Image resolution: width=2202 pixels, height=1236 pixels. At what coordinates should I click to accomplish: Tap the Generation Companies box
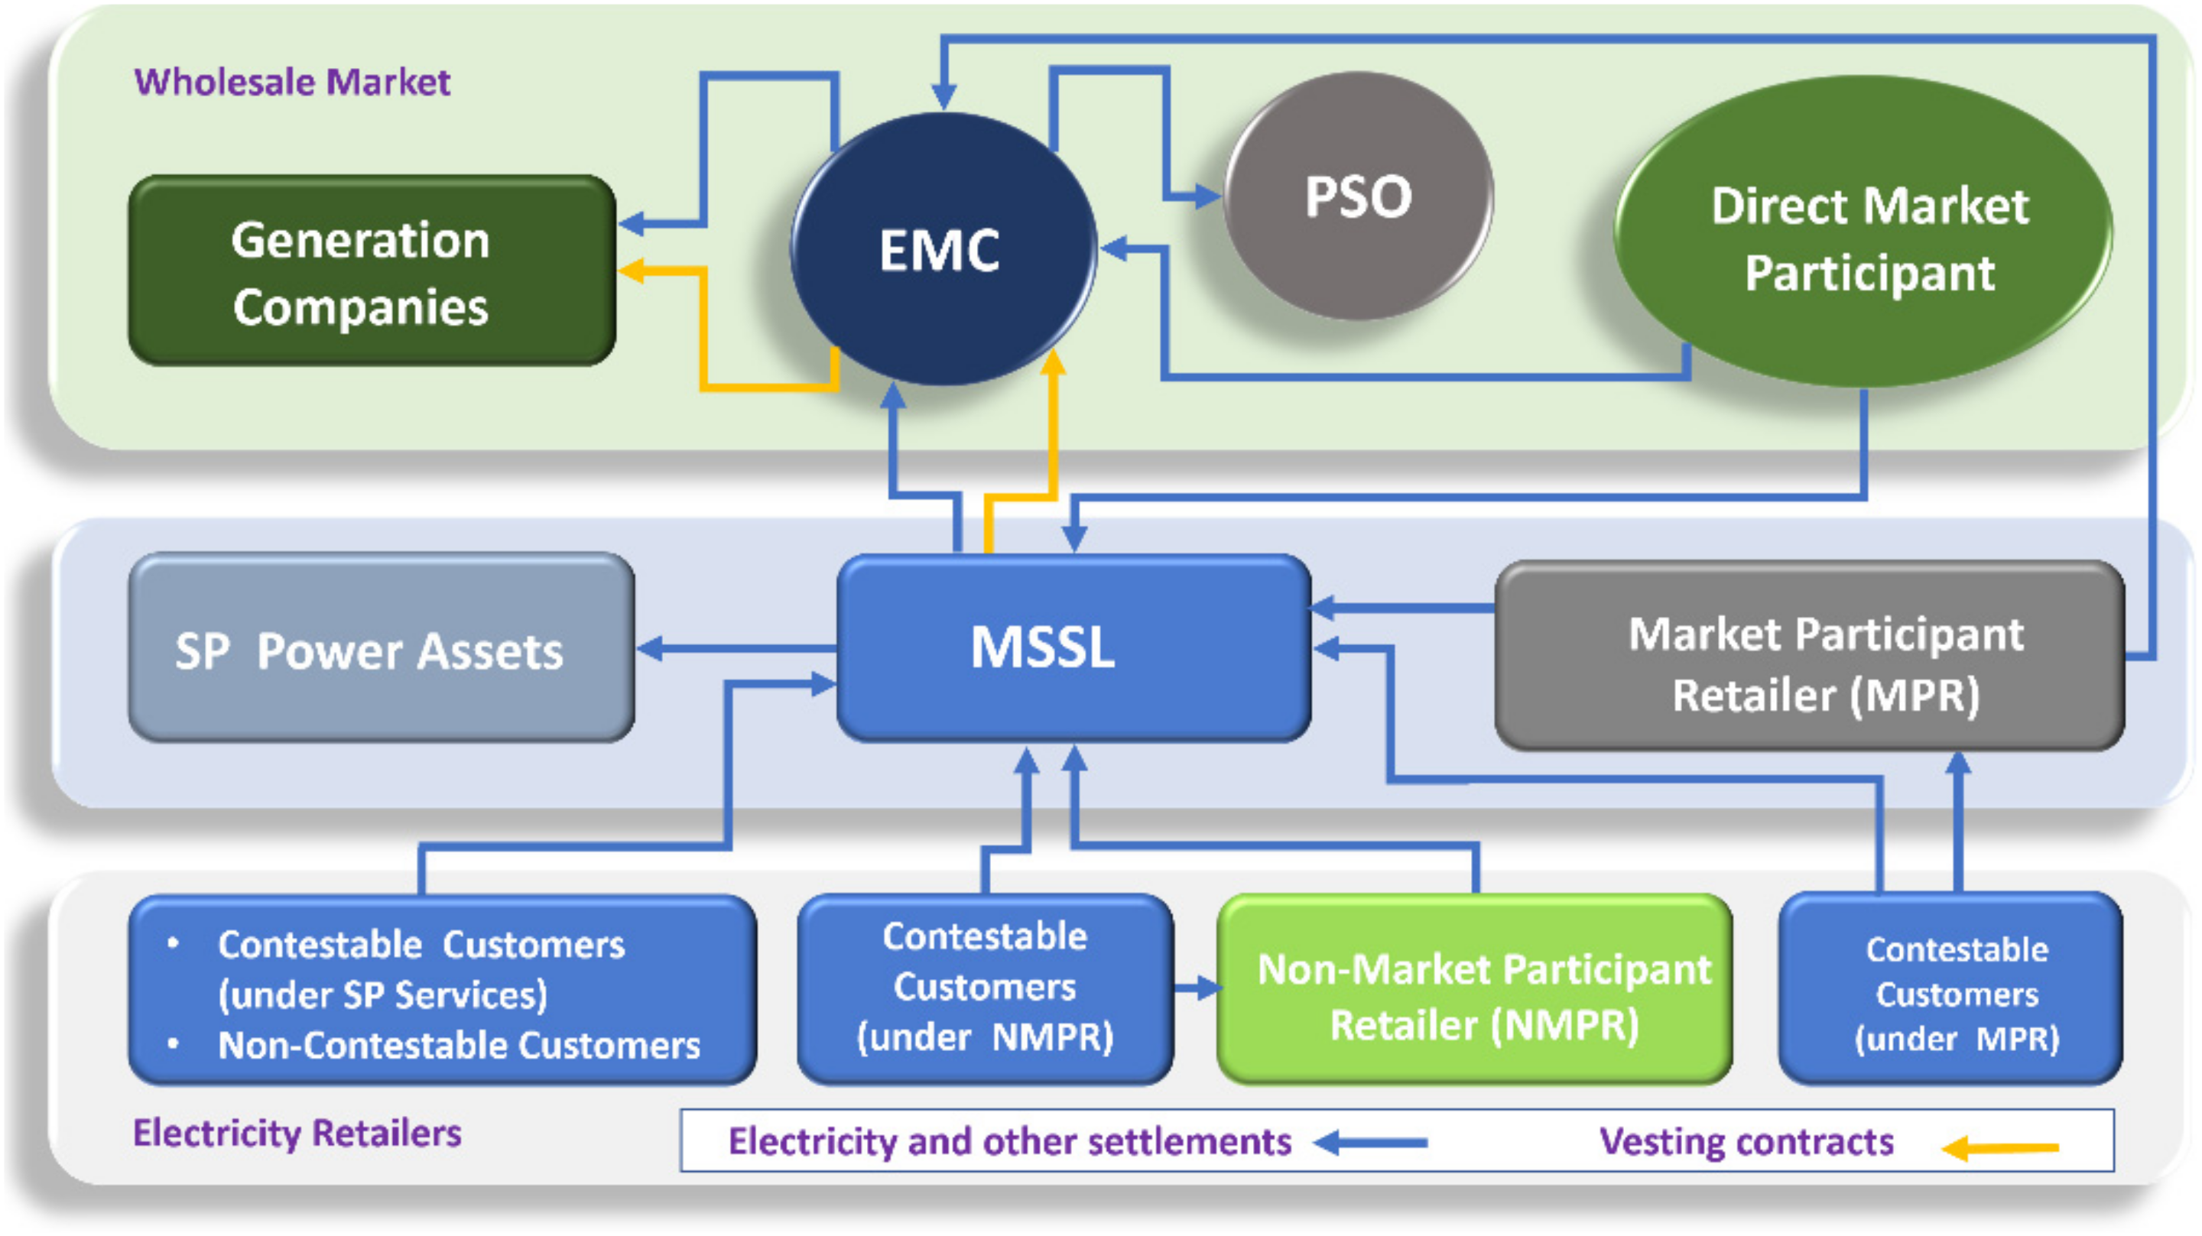[x=372, y=272]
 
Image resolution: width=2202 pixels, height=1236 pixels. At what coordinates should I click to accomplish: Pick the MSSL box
[x=1072, y=647]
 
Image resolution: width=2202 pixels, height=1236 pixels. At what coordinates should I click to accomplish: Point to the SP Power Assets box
[x=381, y=650]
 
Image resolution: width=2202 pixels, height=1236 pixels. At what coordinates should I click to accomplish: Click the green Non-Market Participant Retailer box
[x=1476, y=990]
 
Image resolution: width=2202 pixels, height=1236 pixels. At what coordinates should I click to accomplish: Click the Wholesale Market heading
[x=291, y=82]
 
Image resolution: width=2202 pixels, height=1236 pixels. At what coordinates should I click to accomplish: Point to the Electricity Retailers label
[x=297, y=1134]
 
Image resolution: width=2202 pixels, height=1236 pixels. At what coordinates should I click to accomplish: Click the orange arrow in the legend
[x=2000, y=1147]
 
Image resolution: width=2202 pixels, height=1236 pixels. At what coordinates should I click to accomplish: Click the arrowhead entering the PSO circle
[x=1209, y=196]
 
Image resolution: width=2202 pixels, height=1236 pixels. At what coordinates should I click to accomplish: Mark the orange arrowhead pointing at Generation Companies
[x=631, y=271]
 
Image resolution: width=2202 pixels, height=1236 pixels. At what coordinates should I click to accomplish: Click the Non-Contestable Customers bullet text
[x=458, y=1046]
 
